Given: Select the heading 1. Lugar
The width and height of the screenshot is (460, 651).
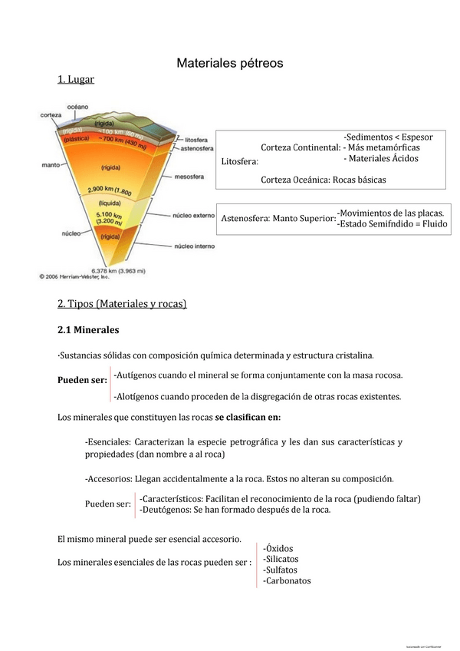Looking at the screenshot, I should click(76, 80).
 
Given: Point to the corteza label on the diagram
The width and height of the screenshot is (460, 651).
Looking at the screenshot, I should click(51, 116).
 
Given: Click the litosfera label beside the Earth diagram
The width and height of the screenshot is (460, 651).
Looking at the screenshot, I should click(197, 141).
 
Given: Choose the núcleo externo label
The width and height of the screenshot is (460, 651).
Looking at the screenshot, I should click(194, 216).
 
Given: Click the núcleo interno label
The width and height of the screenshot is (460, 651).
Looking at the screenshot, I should click(194, 246).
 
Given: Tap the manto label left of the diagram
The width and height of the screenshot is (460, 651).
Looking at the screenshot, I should click(51, 165).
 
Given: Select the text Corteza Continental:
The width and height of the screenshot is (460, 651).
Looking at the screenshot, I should click(301, 147).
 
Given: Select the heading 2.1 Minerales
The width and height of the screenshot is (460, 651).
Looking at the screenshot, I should click(88, 330).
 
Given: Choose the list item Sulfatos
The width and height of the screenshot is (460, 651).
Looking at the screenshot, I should click(281, 570).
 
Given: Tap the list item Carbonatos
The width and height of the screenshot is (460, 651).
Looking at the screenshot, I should click(287, 581).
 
